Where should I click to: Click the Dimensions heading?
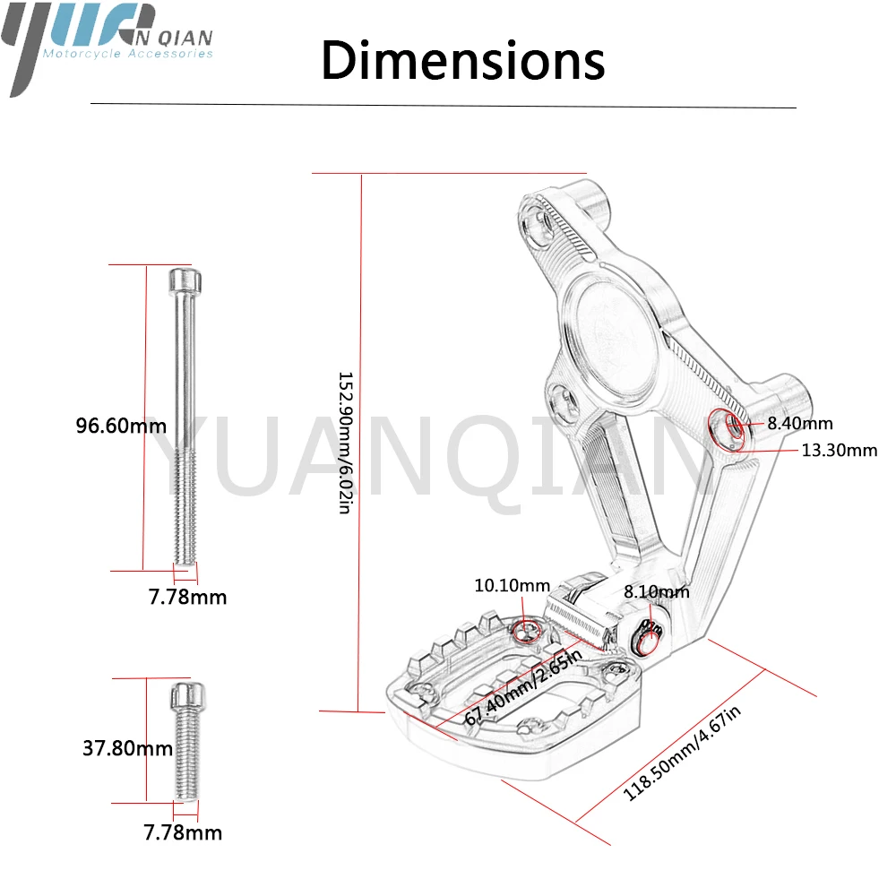tap(463, 60)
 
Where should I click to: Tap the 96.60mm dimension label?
tap(121, 426)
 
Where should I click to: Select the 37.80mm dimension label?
tap(127, 748)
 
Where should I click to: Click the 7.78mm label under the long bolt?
tap(187, 597)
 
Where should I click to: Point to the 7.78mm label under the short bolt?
tap(183, 832)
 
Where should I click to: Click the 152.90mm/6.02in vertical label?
tap(346, 443)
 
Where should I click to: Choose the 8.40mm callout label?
tap(800, 424)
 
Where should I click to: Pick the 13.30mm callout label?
tap(840, 451)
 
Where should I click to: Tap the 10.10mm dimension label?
tap(512, 585)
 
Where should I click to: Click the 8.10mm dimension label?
tap(657, 591)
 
